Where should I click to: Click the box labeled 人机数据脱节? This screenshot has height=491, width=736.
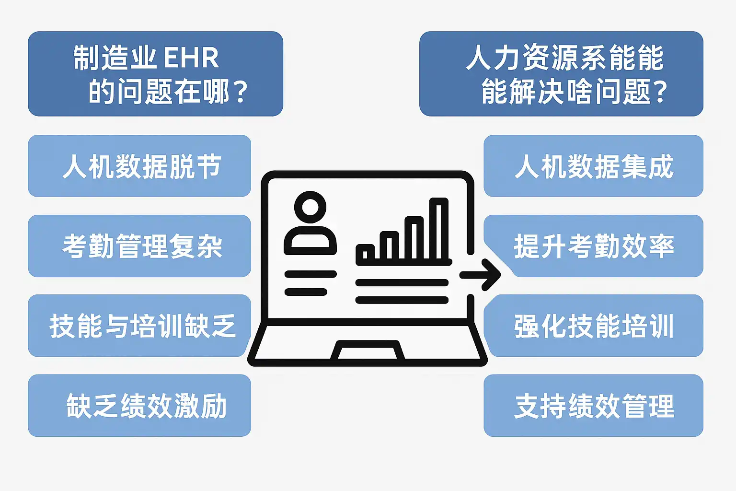coord(139,166)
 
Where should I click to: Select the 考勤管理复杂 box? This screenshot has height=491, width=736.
coord(139,246)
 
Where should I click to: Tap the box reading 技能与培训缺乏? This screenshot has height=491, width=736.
coord(139,326)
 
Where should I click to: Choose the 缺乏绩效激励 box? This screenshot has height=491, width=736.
coord(139,406)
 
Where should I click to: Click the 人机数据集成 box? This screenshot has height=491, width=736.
coord(593,166)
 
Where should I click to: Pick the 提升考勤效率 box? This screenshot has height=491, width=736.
coord(593,246)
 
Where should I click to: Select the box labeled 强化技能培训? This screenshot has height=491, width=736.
coord(593,326)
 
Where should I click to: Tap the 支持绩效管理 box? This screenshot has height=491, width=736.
coord(593,406)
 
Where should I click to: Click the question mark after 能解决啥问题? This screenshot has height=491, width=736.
coord(660,92)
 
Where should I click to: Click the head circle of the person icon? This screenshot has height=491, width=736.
coord(310,207)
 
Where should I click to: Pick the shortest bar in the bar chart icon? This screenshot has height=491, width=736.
coord(368,253)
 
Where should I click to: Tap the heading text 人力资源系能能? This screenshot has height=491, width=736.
coord(564,58)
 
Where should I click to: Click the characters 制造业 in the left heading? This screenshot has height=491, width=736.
coord(115,58)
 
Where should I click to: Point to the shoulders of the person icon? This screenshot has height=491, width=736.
coord(310,240)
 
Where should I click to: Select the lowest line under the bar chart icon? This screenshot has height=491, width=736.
coord(402,300)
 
